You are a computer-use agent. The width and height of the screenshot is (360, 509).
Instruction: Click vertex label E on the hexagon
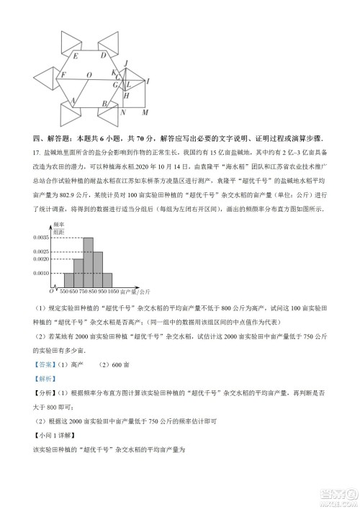76,55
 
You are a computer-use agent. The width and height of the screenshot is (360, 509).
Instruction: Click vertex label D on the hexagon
103,55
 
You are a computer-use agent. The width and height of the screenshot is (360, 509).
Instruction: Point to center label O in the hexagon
88,73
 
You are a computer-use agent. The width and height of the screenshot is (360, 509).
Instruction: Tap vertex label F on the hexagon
63,74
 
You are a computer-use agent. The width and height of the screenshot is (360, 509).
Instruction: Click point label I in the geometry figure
148,81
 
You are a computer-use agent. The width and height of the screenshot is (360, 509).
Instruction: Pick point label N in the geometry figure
123,112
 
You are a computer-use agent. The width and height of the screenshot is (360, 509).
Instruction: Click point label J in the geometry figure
126,64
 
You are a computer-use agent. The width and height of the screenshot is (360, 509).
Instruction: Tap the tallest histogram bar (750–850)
88,262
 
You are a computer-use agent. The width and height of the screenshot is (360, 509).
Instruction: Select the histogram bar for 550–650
68,280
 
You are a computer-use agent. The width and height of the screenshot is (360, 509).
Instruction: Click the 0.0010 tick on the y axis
41,273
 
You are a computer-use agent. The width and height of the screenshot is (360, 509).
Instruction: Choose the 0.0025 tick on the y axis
41,251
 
